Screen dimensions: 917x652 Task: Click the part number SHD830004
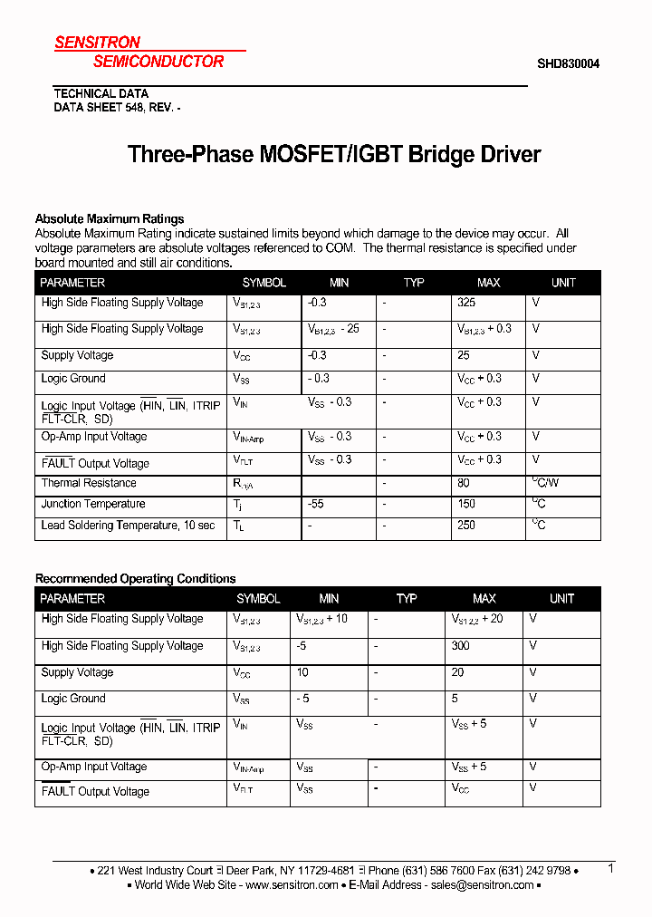(568, 63)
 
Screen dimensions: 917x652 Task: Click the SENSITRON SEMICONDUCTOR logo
(139, 53)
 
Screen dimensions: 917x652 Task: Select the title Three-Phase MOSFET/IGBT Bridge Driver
(334, 154)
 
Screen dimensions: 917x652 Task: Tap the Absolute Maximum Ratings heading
(110, 218)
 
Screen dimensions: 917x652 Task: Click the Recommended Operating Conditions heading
(135, 578)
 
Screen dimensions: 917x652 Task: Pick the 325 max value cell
(466, 303)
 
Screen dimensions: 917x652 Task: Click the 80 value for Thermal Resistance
(464, 483)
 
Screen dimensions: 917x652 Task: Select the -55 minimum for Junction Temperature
(315, 504)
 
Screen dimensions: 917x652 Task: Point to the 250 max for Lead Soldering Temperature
(466, 525)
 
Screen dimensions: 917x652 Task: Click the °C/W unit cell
(546, 483)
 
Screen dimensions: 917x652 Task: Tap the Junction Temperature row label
(93, 504)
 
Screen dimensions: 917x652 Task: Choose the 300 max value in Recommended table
(461, 645)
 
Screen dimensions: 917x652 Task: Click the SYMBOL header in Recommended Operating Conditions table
(258, 598)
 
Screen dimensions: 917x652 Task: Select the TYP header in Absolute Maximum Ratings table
(414, 283)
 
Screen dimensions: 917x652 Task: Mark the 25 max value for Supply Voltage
(464, 355)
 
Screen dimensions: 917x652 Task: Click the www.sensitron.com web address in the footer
(292, 884)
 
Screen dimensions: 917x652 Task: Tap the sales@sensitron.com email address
(482, 884)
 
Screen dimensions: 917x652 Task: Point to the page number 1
(611, 868)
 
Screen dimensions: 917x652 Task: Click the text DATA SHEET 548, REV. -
(118, 107)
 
